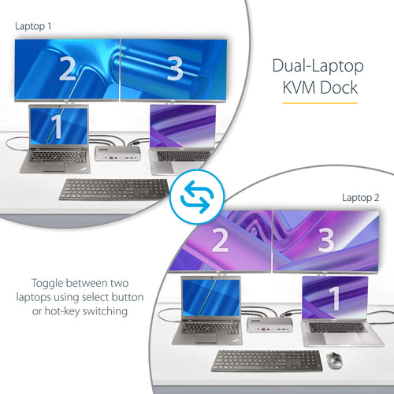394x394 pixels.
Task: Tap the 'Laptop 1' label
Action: pyautogui.click(x=32, y=26)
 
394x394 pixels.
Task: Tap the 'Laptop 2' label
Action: pyautogui.click(x=360, y=197)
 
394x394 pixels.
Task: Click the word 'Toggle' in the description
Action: pyautogui.click(x=50, y=282)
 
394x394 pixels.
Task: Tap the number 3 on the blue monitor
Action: pyautogui.click(x=175, y=71)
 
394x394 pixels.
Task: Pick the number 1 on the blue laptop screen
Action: pyautogui.click(x=56, y=125)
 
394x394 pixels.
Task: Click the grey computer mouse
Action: pyautogui.click(x=334, y=359)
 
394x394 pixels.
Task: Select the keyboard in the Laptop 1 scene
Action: pyautogui.click(x=114, y=189)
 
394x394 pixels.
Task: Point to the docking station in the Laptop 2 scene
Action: pyautogui.click(x=268, y=323)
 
